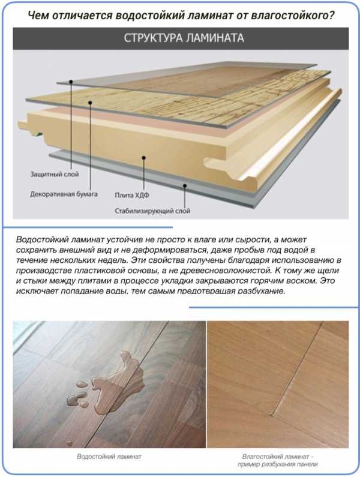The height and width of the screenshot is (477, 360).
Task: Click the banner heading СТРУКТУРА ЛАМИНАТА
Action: coord(184,38)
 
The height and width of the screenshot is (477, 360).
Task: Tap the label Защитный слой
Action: coord(55,175)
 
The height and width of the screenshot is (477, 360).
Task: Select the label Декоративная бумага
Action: coord(64,194)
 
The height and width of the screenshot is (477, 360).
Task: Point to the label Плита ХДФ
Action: coord(132,195)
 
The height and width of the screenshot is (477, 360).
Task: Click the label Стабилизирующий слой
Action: coord(152,211)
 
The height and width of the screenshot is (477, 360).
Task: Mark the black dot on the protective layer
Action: coord(71,82)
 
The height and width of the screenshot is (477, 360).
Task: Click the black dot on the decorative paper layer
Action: coord(90,103)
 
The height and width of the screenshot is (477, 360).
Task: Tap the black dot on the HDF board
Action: coord(143,158)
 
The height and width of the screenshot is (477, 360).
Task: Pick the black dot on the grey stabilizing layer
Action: coord(185,185)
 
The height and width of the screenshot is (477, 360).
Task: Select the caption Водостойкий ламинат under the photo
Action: coord(109,457)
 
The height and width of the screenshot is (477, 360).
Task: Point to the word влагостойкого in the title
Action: coord(292,15)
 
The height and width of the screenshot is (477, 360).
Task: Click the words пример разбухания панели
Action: coord(278,464)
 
